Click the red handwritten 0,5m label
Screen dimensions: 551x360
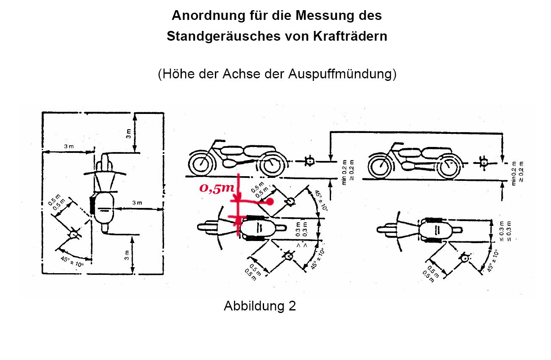pos(217,188)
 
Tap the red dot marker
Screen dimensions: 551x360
pos(270,202)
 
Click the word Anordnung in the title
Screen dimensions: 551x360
pos(209,16)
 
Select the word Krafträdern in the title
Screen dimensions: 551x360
pos(350,36)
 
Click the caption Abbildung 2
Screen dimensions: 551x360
pos(259,306)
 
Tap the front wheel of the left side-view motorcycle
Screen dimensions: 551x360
pos(200,163)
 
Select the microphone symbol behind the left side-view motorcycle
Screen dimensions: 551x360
pos(309,161)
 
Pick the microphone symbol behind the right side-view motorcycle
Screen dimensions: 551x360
pos(484,163)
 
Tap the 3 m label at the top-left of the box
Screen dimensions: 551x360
pos(69,147)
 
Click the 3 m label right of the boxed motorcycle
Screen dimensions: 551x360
pos(137,203)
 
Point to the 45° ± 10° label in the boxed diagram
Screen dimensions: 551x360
pos(72,261)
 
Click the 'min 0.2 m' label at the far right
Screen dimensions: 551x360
pos(514,174)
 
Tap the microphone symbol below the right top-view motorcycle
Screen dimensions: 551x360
pos(465,258)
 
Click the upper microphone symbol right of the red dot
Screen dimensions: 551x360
pos(290,202)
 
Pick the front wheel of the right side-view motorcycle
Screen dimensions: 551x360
pos(380,166)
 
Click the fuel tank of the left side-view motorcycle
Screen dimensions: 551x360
pos(232,150)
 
